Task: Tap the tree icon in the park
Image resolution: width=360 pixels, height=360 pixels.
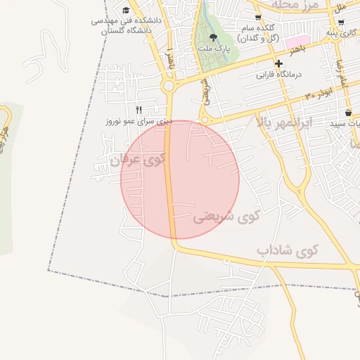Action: [x=214, y=37]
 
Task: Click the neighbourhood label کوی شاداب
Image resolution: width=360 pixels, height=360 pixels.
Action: [x=287, y=250]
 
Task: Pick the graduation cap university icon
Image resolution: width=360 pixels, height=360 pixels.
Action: [x=126, y=10]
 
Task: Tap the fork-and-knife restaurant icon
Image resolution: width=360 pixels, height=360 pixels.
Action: [x=139, y=110]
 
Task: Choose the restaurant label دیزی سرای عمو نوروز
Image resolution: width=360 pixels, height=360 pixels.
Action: [x=139, y=121]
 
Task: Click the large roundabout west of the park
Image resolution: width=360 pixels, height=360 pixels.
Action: [x=168, y=86]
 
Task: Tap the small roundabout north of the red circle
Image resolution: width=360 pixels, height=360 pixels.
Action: [x=205, y=121]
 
